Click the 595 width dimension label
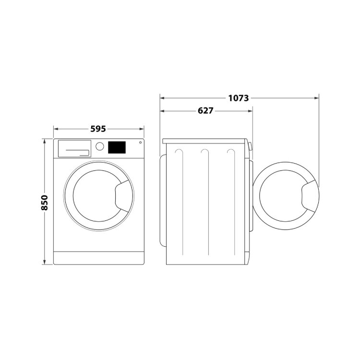click(x=98, y=129)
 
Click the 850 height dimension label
click(x=44, y=203)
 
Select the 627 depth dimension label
click(x=205, y=111)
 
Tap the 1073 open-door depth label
click(x=238, y=98)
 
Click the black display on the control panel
click(x=117, y=147)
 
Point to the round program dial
click(x=100, y=146)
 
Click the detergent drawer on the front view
click(x=74, y=148)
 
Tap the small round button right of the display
click(x=140, y=143)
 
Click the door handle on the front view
click(x=124, y=196)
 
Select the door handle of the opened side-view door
click(x=310, y=196)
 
